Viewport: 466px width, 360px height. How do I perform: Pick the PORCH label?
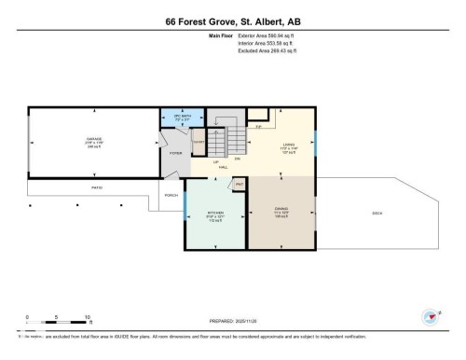tap(171, 195)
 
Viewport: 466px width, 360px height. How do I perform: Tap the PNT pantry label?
tap(240, 185)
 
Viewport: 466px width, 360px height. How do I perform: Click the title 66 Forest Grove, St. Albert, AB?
tap(233, 21)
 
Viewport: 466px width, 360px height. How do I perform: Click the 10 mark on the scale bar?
tap(87, 317)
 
